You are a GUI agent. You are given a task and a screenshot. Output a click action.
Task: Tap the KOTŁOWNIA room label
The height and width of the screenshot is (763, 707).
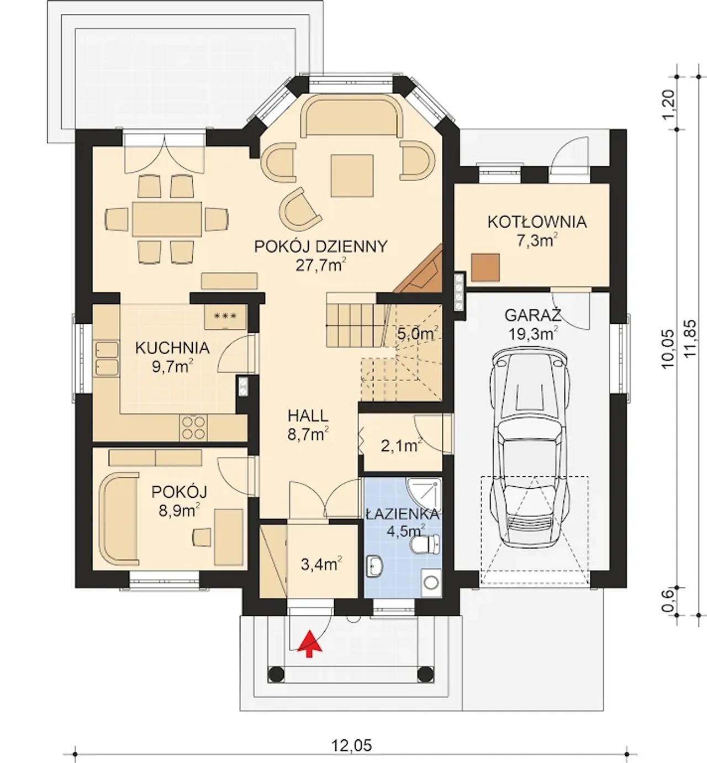(537, 222)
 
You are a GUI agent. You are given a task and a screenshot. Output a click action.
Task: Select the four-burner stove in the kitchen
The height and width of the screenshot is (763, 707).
(193, 428)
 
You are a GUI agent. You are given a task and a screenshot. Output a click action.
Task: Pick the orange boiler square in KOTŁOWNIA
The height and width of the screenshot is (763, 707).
(486, 267)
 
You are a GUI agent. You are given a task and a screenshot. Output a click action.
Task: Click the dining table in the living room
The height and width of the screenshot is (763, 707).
(167, 219)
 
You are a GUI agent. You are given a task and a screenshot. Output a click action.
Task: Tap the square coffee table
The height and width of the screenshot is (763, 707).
(352, 176)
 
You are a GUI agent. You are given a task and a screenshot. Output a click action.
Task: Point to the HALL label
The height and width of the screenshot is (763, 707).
(308, 415)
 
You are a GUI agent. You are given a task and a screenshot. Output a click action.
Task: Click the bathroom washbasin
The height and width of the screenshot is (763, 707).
(374, 566)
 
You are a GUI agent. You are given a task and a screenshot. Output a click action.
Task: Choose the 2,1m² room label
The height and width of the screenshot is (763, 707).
(402, 446)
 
